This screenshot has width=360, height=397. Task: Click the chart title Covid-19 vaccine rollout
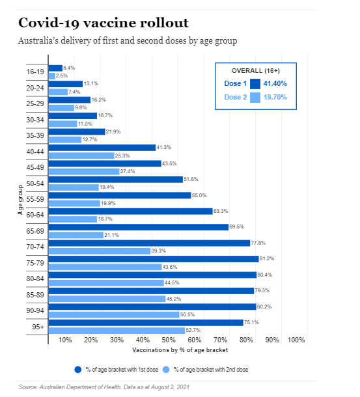104,23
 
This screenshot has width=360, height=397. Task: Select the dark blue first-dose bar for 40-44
102,148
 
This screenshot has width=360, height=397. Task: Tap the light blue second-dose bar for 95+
117,331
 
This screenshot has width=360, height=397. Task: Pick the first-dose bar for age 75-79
154,259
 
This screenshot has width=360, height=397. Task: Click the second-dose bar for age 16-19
51,76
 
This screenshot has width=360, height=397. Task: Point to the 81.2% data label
267,258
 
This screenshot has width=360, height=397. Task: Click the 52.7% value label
193,330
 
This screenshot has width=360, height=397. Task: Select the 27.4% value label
128,171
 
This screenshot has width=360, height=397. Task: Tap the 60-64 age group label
35,215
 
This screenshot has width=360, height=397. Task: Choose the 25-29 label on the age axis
35,103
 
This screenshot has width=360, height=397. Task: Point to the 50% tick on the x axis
169,340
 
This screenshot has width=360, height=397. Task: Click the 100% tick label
296,340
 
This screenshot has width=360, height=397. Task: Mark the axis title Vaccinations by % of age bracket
180,350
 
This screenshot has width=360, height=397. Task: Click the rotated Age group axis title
20,200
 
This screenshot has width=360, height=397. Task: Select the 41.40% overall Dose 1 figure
275,83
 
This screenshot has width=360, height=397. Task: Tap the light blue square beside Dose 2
255,98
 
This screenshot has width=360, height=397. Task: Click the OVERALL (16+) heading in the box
256,71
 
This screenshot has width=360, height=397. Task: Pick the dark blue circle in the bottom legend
78,370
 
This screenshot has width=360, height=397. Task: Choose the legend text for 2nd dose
211,370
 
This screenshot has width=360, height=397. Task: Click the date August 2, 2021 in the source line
171,387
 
